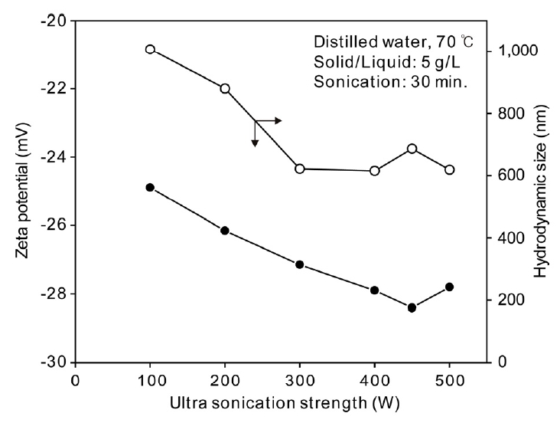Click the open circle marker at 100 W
coord(150,49)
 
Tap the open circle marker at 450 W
coord(412,148)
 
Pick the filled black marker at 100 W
coord(150,187)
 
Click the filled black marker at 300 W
coord(300,264)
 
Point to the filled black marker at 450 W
coord(412,307)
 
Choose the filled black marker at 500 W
coord(450,287)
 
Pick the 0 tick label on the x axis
coord(75,379)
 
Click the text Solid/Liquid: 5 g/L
coord(381,62)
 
